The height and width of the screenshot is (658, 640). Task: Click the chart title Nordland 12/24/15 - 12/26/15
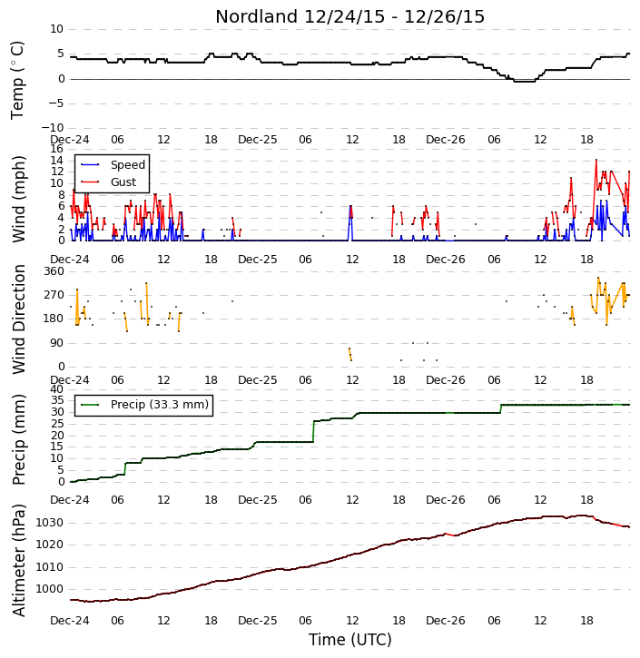pyautogui.click(x=350, y=16)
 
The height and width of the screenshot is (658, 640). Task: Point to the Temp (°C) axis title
pyautogui.click(x=17, y=80)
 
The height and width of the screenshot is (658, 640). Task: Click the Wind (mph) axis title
pyautogui.click(x=18, y=199)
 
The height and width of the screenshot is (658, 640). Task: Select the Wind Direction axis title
pyautogui.click(x=18, y=319)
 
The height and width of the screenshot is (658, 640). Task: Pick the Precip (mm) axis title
pyautogui.click(x=18, y=439)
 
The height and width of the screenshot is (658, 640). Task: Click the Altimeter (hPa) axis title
pyautogui.click(x=18, y=560)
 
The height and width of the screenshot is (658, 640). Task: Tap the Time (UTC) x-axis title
pyautogui.click(x=350, y=640)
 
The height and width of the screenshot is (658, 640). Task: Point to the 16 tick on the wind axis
pyautogui.click(x=56, y=149)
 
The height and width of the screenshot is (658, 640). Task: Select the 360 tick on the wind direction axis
pyautogui.click(x=54, y=271)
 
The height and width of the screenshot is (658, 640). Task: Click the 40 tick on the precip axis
pyautogui.click(x=56, y=389)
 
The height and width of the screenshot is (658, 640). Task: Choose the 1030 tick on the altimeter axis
pyautogui.click(x=50, y=523)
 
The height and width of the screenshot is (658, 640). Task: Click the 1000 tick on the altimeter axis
pyautogui.click(x=50, y=589)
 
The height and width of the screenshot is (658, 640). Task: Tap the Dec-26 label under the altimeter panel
pyautogui.click(x=445, y=620)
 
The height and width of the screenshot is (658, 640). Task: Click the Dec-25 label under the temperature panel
pyautogui.click(x=257, y=140)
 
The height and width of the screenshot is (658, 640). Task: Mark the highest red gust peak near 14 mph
pyautogui.click(x=596, y=160)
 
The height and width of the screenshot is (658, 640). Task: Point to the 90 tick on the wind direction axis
pyautogui.click(x=56, y=343)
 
